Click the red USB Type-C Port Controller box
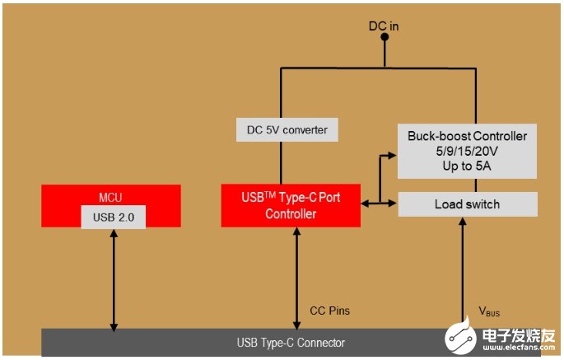point(290,205)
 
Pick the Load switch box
point(467,204)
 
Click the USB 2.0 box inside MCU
point(110,217)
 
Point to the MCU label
point(110,198)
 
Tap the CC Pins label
point(329,311)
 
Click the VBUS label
point(490,311)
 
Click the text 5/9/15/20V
point(467,151)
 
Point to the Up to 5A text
point(467,165)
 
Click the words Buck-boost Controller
point(467,136)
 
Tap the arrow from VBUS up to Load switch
point(463,272)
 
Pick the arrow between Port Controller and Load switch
point(380,203)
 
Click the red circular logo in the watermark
point(460,338)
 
